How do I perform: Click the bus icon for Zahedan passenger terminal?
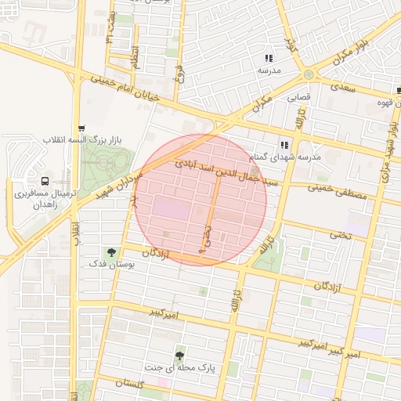[x=32, y=179]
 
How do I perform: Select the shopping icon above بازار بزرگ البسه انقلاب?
[x=81, y=128]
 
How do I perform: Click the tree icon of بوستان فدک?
[x=111, y=252]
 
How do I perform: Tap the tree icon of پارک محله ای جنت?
[x=181, y=355]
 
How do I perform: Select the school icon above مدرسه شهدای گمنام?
[x=284, y=144]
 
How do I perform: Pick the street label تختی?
[x=338, y=233]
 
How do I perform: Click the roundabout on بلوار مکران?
[x=309, y=74]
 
